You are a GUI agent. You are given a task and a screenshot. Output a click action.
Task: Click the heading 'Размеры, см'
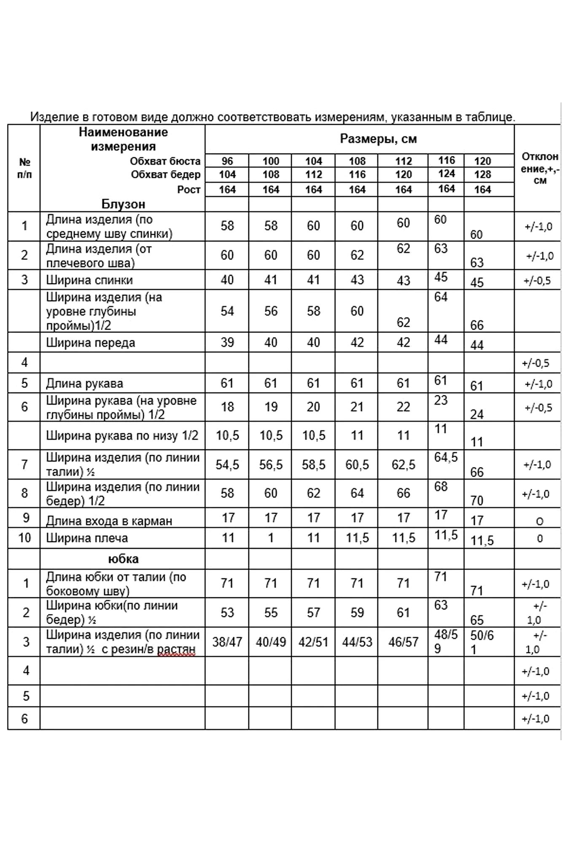click(x=378, y=139)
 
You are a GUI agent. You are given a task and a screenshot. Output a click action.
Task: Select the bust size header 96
click(x=227, y=161)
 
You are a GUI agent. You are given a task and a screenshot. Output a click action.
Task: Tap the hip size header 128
click(x=482, y=175)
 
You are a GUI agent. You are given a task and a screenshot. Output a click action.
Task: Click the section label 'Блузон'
click(x=123, y=204)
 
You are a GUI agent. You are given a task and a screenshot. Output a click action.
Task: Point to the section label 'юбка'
click(x=123, y=559)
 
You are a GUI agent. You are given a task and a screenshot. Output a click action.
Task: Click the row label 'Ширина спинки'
click(x=89, y=280)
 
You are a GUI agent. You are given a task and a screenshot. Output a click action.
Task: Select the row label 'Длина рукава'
click(x=84, y=384)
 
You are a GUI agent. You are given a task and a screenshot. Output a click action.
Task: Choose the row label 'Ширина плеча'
click(x=87, y=538)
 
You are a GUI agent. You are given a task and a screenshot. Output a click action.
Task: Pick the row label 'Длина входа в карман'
click(x=109, y=521)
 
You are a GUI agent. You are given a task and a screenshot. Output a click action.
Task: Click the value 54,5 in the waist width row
click(x=227, y=465)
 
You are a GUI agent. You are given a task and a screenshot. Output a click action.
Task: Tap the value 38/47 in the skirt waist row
click(x=227, y=642)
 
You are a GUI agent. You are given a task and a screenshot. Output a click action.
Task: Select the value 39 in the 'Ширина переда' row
click(x=227, y=342)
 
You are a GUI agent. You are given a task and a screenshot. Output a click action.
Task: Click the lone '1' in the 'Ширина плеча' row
click(x=271, y=538)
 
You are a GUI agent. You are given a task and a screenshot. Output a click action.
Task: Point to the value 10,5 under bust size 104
click(x=314, y=435)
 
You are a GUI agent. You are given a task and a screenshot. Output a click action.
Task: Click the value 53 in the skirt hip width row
click(x=227, y=612)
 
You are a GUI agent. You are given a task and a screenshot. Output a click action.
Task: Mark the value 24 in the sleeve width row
click(x=477, y=415)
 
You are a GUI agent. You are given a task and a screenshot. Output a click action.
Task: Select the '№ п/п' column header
click(x=24, y=168)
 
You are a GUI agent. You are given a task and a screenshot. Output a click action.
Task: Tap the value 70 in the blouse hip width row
click(x=477, y=501)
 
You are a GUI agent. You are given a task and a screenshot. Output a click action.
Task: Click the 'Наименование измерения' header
click(x=123, y=139)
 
